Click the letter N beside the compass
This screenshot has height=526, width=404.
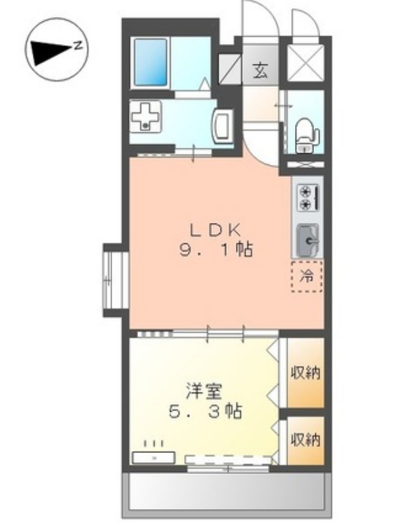point(78,45)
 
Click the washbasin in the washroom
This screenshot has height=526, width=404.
point(222,123)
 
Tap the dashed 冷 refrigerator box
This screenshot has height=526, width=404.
point(307,275)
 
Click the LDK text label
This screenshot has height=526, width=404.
point(217,229)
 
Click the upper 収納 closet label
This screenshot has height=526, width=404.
point(306,373)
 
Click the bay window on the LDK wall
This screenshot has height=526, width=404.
point(114,279)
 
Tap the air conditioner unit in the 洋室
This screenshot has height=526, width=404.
point(154,457)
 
